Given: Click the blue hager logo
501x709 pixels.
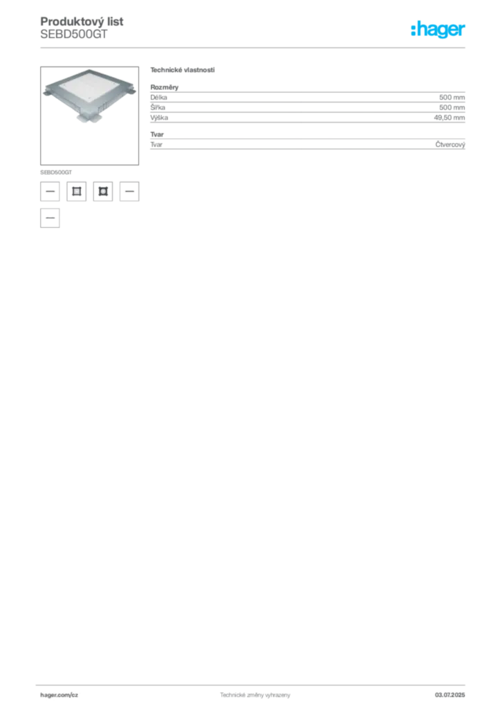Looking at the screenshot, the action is click(x=438, y=29).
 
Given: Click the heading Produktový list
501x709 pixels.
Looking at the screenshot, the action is click(x=82, y=21).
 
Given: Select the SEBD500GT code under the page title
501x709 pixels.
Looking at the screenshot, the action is click(x=74, y=35).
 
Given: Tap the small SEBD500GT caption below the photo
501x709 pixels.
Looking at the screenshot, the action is click(x=56, y=172).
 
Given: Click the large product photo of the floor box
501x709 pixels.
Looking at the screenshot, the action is click(x=89, y=116).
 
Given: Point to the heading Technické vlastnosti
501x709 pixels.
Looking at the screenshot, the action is click(x=183, y=70).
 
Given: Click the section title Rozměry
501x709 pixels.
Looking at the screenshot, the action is click(x=165, y=87).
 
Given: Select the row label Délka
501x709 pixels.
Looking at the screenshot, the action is click(x=158, y=97).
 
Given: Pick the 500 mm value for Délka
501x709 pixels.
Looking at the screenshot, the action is click(x=452, y=97).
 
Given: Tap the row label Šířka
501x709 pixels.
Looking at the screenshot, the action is click(x=158, y=107).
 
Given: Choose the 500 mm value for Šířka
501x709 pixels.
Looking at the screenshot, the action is click(x=452, y=107).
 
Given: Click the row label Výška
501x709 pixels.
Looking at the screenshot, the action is click(x=159, y=118).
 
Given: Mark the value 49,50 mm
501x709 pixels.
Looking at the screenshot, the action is click(x=450, y=118).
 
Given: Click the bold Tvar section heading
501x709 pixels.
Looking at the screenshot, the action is click(x=157, y=134).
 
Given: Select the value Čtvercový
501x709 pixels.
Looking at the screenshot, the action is click(x=450, y=145).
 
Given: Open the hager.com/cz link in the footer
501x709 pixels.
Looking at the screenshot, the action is click(x=60, y=695).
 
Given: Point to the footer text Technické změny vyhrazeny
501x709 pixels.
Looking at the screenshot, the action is click(x=255, y=695).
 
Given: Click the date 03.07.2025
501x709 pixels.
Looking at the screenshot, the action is click(x=450, y=695).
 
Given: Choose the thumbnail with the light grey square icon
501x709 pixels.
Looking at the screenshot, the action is click(x=76, y=191).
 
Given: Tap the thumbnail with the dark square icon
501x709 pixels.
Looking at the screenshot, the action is click(x=103, y=191).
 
